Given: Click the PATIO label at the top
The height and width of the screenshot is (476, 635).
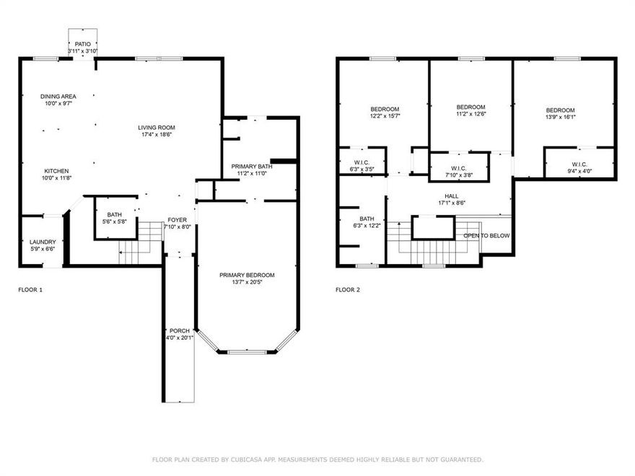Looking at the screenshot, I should [x=83, y=44].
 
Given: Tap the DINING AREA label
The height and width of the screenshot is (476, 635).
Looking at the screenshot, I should [x=58, y=96].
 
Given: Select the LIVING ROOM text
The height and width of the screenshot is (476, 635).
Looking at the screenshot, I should [x=157, y=128].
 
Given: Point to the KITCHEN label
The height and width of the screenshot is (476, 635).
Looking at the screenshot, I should [x=56, y=171].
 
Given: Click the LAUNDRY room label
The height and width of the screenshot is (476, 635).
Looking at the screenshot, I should [x=42, y=242].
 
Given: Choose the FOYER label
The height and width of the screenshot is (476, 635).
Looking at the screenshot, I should [x=177, y=220].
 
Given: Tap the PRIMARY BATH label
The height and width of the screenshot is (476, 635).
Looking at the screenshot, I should [x=252, y=167].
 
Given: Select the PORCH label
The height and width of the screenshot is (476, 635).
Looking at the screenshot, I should [x=179, y=331].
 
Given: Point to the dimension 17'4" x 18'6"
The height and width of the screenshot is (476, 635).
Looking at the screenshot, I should [x=157, y=135].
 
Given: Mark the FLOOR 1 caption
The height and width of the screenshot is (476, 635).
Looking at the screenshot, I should [x=30, y=290].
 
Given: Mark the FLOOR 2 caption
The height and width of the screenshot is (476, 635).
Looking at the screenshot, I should [x=348, y=290].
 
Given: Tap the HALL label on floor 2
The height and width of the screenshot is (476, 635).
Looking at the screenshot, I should [x=451, y=195].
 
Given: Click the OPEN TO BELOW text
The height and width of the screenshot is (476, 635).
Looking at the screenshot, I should [x=486, y=236].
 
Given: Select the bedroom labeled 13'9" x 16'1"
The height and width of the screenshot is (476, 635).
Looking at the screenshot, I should [x=560, y=110].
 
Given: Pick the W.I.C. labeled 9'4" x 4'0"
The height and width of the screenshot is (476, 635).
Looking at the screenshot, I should [x=579, y=164].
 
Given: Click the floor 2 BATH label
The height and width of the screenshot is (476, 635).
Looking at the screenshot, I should [x=367, y=219].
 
